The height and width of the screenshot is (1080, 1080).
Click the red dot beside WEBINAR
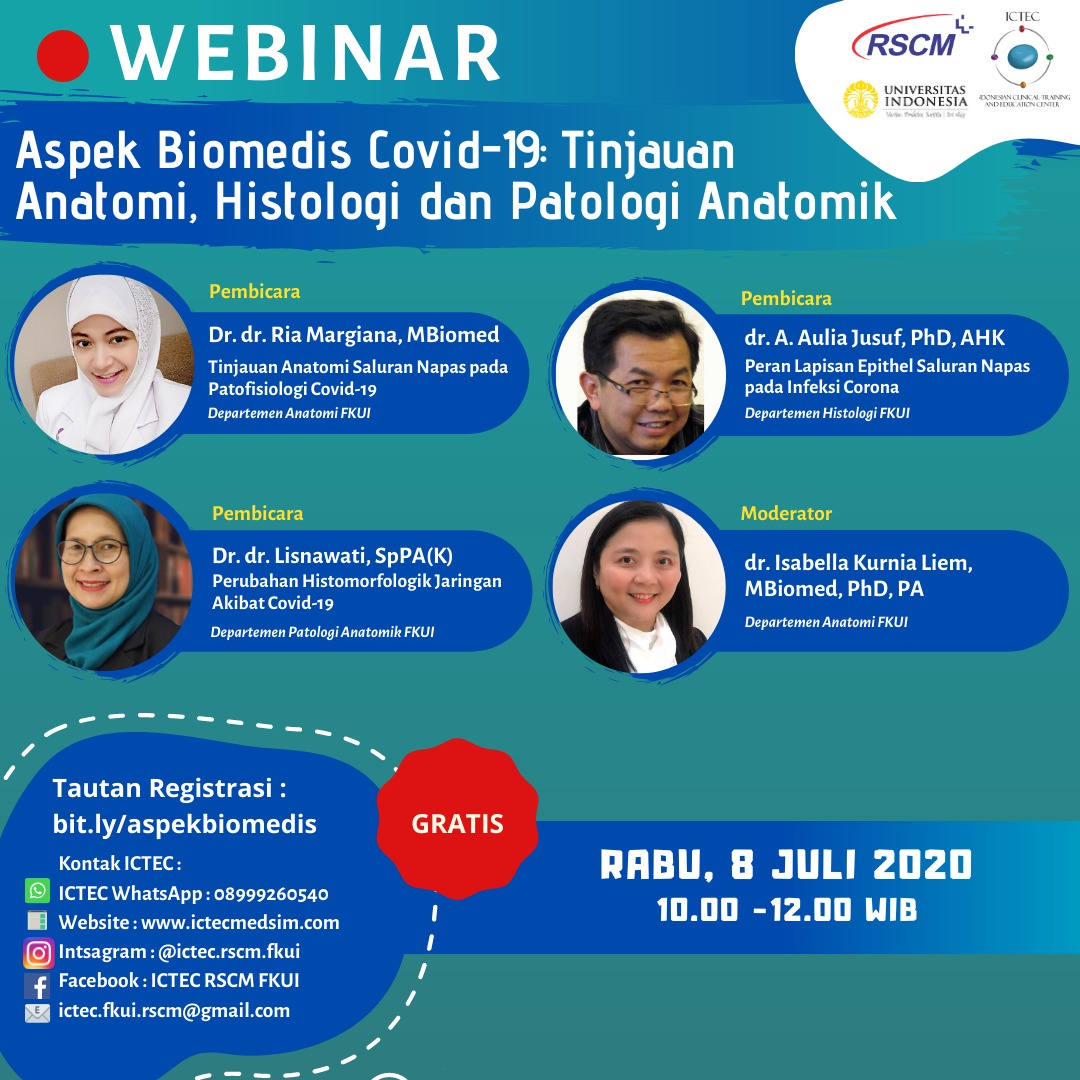(x=63, y=56)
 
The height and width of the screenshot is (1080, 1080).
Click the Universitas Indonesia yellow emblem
(x=860, y=99)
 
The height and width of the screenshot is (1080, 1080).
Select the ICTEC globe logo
(x=1021, y=56)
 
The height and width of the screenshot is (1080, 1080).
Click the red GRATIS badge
(x=457, y=819)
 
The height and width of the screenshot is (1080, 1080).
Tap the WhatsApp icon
(x=37, y=890)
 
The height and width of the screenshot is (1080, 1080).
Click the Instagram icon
(x=39, y=953)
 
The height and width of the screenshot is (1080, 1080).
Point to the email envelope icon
(x=37, y=1012)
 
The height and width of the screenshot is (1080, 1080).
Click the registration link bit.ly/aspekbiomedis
(x=185, y=824)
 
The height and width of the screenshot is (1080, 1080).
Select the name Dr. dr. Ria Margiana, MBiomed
(x=354, y=335)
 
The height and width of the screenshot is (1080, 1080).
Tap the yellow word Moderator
(x=786, y=513)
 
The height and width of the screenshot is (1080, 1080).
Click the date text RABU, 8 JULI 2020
(x=786, y=864)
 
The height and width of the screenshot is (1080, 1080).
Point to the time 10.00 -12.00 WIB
(x=787, y=910)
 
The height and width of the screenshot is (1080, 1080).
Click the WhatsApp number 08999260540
(x=271, y=894)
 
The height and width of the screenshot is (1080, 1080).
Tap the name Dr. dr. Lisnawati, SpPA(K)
(x=333, y=555)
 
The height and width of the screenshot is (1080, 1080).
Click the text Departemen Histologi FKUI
(x=827, y=413)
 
